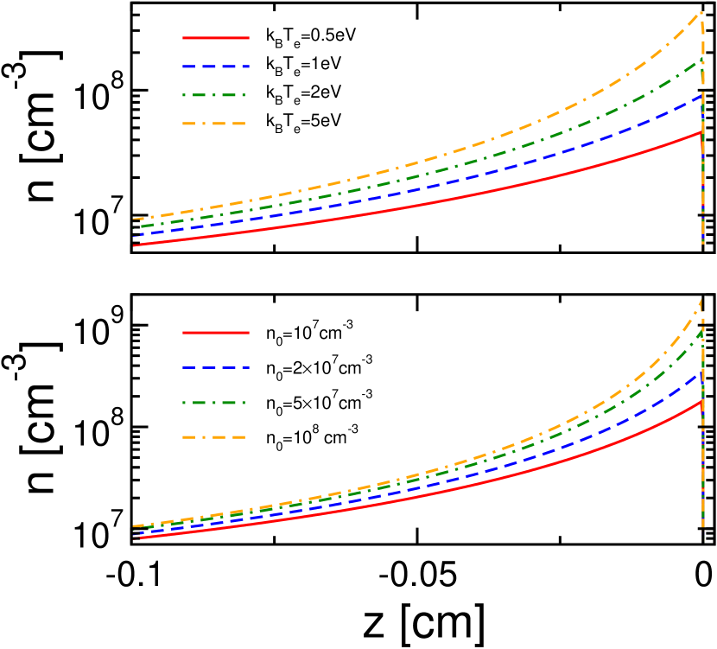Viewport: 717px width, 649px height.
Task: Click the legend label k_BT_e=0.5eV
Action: pos(310,37)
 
